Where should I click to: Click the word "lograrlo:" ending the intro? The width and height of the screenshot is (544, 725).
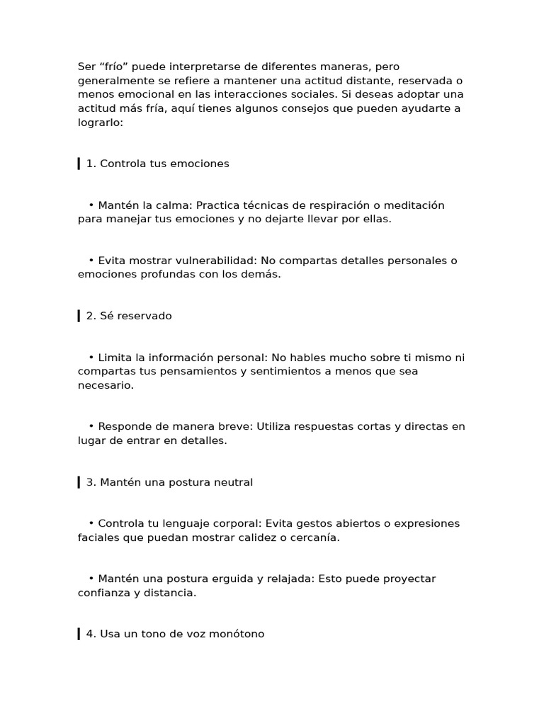pos(101,122)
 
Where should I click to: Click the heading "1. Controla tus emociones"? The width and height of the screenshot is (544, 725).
pos(158,164)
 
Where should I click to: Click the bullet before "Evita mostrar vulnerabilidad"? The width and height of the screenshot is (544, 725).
pos(92,261)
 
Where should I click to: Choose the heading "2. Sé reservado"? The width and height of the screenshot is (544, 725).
pos(129,316)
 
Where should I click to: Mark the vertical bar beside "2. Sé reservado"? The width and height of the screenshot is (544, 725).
pos(79,316)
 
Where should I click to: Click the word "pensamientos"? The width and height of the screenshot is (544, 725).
pos(185,372)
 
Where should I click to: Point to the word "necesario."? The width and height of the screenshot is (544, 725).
pos(106,386)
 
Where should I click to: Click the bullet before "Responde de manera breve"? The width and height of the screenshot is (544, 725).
pos(92,427)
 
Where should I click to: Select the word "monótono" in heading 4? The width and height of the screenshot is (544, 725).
pos(238,634)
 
